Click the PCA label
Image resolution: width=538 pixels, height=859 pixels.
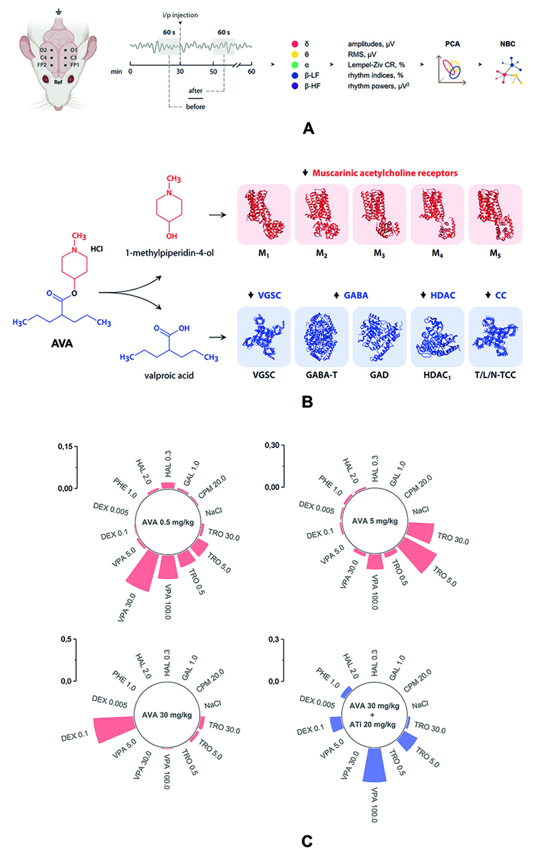point(452,44)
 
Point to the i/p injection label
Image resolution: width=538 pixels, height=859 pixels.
point(180,15)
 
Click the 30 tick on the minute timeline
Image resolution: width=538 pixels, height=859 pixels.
point(180,72)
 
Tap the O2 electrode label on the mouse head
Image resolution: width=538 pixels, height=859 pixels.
point(43,50)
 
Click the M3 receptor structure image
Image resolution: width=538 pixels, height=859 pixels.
point(379,215)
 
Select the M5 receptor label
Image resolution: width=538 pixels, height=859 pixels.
point(495,254)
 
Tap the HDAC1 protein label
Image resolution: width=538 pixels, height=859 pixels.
point(437,375)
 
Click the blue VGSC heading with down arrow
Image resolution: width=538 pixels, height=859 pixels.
point(265,296)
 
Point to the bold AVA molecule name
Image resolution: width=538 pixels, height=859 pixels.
point(62,344)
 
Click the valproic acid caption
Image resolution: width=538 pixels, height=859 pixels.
point(169,375)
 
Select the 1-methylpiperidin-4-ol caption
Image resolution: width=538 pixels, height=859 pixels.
point(169,253)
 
